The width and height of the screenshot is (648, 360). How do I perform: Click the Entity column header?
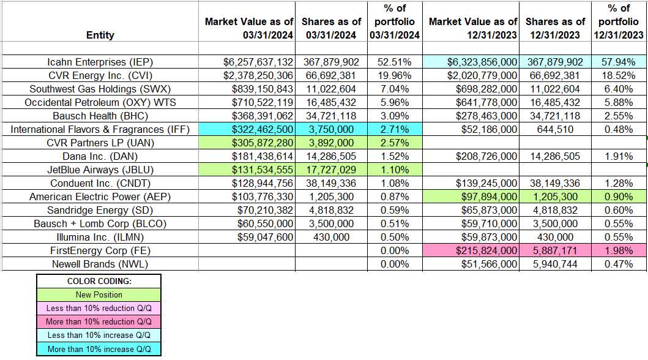[x=100, y=35]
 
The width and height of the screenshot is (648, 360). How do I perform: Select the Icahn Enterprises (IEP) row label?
[x=100, y=62]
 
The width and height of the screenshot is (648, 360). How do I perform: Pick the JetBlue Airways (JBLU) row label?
[x=100, y=170]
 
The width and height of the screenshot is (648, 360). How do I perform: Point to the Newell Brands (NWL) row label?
[x=100, y=264]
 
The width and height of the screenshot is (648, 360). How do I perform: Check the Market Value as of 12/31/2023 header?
[x=473, y=28]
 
